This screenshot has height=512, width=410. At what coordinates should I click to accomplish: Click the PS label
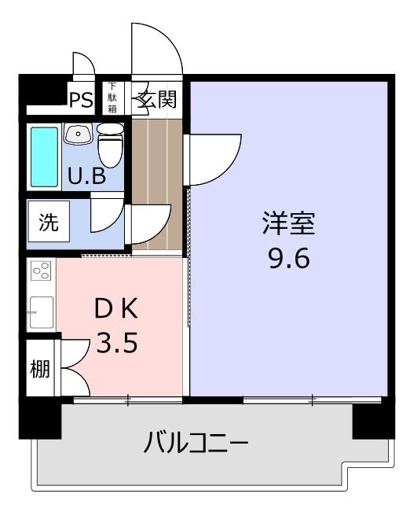[x=82, y=99]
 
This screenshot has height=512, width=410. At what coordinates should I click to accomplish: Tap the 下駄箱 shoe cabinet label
[x=112, y=98]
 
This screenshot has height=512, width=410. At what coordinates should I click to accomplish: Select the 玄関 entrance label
[x=157, y=99]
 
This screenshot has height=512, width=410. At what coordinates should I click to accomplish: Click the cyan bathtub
[x=44, y=157]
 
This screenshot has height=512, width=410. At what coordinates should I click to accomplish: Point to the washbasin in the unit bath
[x=78, y=134]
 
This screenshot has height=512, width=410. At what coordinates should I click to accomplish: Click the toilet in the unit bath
[x=111, y=145]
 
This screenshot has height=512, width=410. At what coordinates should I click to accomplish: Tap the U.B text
[x=86, y=176]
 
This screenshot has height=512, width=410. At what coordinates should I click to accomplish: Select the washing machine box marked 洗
[x=49, y=221]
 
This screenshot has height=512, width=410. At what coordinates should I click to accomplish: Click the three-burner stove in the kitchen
[x=41, y=271]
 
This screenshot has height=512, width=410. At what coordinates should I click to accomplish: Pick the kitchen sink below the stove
[x=42, y=312]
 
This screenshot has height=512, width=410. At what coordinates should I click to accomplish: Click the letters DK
[x=116, y=309]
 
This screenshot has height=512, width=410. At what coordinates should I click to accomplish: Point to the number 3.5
[x=117, y=343]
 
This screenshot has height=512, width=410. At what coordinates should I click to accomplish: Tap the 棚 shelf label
[x=40, y=369]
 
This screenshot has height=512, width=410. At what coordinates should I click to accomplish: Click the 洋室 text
[x=289, y=223]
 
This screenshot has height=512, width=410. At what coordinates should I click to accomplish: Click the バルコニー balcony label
[x=196, y=442]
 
